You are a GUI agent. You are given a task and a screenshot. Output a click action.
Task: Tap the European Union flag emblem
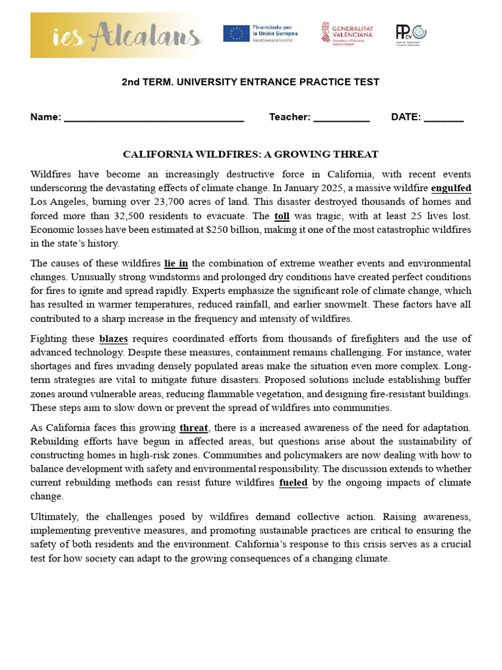click(x=235, y=33)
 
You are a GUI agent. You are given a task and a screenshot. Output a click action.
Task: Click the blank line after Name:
click(x=154, y=118)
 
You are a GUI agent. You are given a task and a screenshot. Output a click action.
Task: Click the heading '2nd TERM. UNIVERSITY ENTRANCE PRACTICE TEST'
click(x=250, y=82)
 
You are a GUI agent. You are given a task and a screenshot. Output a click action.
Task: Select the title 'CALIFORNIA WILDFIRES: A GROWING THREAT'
click(x=250, y=154)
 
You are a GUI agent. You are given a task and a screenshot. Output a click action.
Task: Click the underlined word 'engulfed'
click(x=451, y=188)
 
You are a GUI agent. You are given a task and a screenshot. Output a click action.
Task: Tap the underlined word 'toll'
click(x=282, y=215)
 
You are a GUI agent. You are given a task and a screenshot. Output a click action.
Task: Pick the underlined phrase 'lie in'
click(x=176, y=263)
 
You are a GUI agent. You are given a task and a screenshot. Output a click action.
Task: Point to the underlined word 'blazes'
click(x=113, y=338)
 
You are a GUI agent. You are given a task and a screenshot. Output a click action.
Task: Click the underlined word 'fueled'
click(x=293, y=482)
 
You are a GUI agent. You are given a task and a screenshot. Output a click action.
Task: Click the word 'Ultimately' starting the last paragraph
click(x=55, y=516)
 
